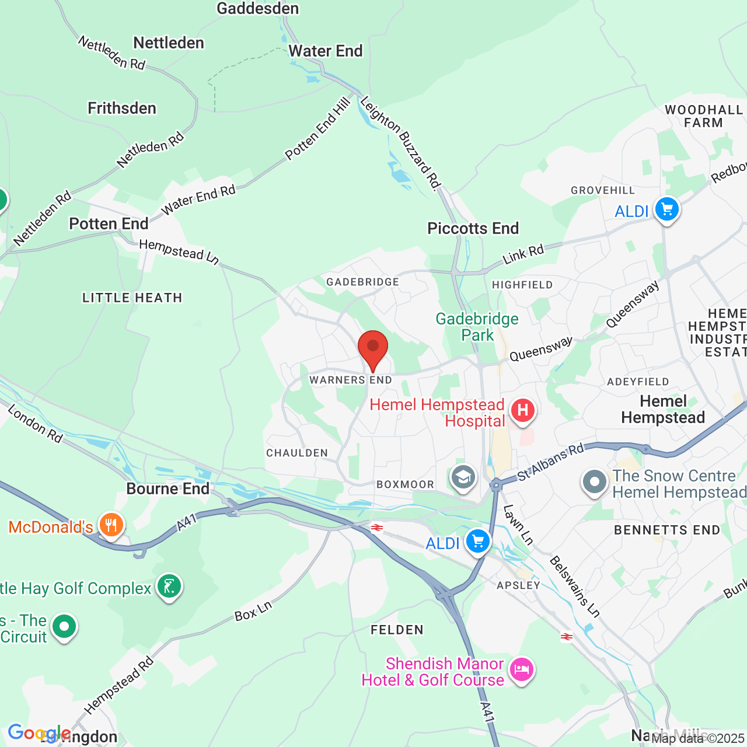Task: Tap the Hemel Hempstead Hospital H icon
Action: (x=522, y=410)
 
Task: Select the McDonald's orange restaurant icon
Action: (x=111, y=526)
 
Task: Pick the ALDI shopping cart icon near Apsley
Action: (x=477, y=542)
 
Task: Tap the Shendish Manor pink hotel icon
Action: (x=521, y=670)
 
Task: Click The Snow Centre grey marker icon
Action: (x=595, y=483)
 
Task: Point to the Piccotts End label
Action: (x=473, y=228)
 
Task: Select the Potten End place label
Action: (x=109, y=224)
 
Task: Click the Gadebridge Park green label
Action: (x=477, y=327)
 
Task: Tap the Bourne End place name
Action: (x=167, y=488)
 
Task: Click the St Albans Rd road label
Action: (x=550, y=462)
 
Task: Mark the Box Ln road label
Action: (x=253, y=610)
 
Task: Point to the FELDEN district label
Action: (x=397, y=630)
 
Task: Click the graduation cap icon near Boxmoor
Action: (x=463, y=478)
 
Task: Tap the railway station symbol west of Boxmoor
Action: (x=377, y=528)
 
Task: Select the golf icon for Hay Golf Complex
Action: (x=169, y=586)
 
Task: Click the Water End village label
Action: (x=326, y=51)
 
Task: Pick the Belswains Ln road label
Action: (x=574, y=587)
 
